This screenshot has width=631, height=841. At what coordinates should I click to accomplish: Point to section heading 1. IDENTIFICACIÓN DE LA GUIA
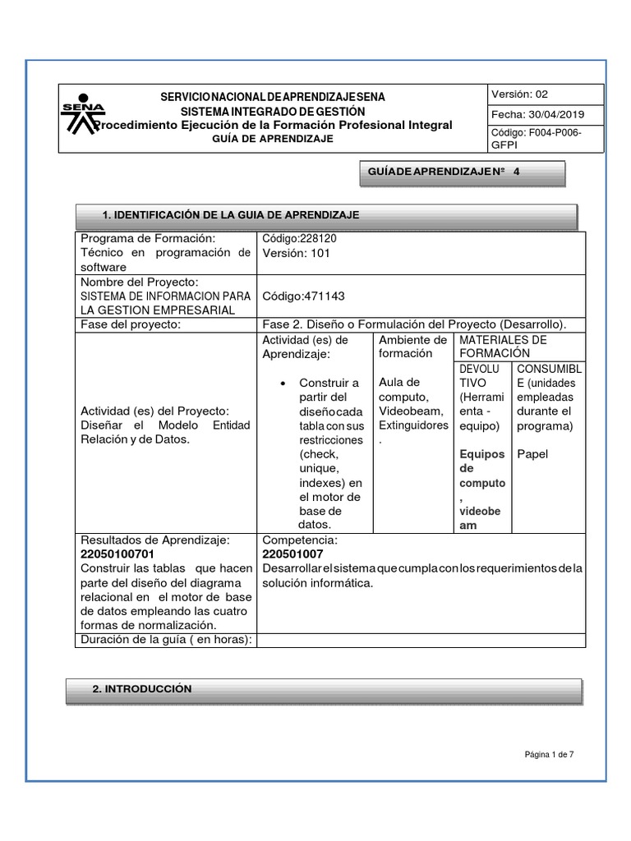pyautogui.click(x=231, y=214)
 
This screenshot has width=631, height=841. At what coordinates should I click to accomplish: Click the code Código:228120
pyautogui.click(x=299, y=238)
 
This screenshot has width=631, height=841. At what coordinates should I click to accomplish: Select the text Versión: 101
pyautogui.click(x=296, y=253)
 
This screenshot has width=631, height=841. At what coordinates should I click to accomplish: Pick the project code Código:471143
pyautogui.click(x=303, y=296)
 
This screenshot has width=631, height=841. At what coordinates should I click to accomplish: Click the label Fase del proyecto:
pyautogui.click(x=130, y=324)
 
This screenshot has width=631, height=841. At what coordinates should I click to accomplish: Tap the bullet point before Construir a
pyautogui.click(x=283, y=383)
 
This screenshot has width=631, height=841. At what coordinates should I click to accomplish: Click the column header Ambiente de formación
pyautogui.click(x=412, y=347)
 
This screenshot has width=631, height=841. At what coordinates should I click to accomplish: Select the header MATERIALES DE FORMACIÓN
pyautogui.click(x=503, y=347)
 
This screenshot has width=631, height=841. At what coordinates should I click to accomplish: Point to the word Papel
pyautogui.click(x=531, y=453)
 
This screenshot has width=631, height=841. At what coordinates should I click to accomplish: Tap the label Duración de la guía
pyautogui.click(x=164, y=640)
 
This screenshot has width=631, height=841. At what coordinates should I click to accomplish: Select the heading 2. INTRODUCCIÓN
pyautogui.click(x=141, y=689)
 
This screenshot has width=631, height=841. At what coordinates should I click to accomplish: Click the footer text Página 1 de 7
pyautogui.click(x=550, y=754)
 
